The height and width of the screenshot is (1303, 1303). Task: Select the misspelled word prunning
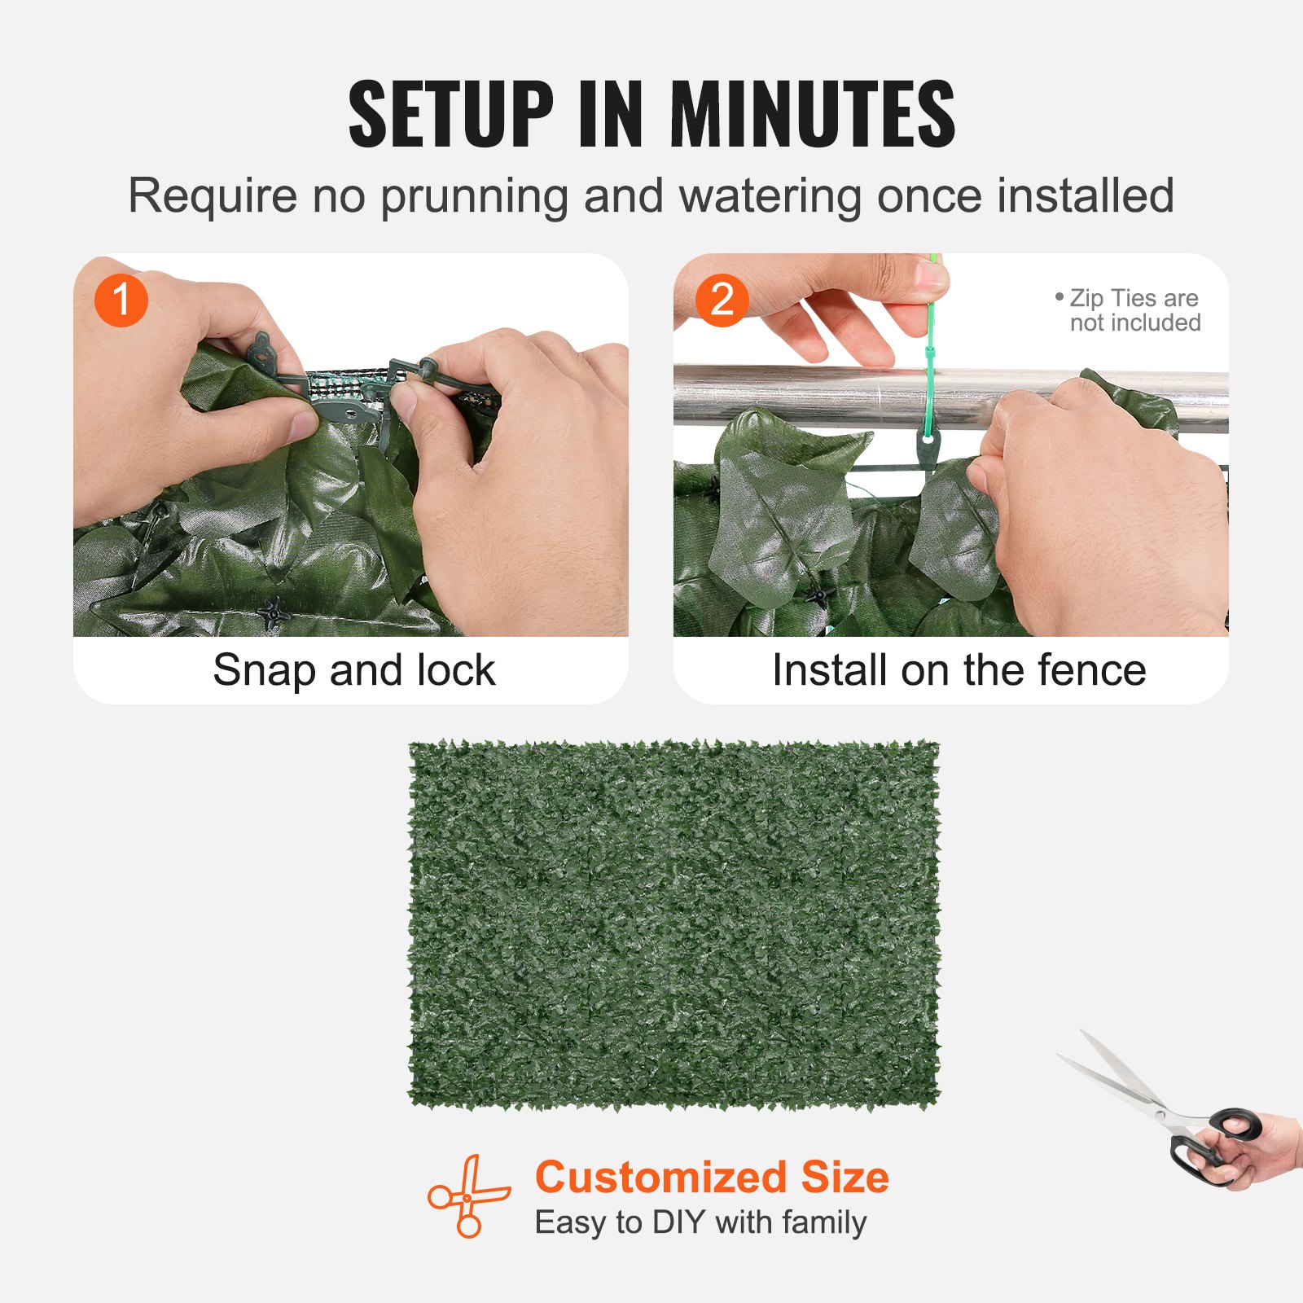(x=474, y=196)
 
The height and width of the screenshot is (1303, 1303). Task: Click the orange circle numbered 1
(x=121, y=301)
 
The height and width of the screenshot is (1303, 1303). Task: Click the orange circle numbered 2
(x=722, y=301)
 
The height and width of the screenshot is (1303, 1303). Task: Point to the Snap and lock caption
(x=353, y=670)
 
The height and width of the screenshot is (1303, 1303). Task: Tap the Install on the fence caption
(x=959, y=670)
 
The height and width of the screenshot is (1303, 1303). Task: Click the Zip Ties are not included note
(x=1132, y=310)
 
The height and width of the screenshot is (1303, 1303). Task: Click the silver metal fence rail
(x=814, y=395)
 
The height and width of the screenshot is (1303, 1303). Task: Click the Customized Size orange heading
(x=712, y=1178)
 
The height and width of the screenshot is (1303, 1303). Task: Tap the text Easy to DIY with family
(x=700, y=1222)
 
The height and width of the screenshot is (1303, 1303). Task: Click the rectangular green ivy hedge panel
(x=673, y=924)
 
